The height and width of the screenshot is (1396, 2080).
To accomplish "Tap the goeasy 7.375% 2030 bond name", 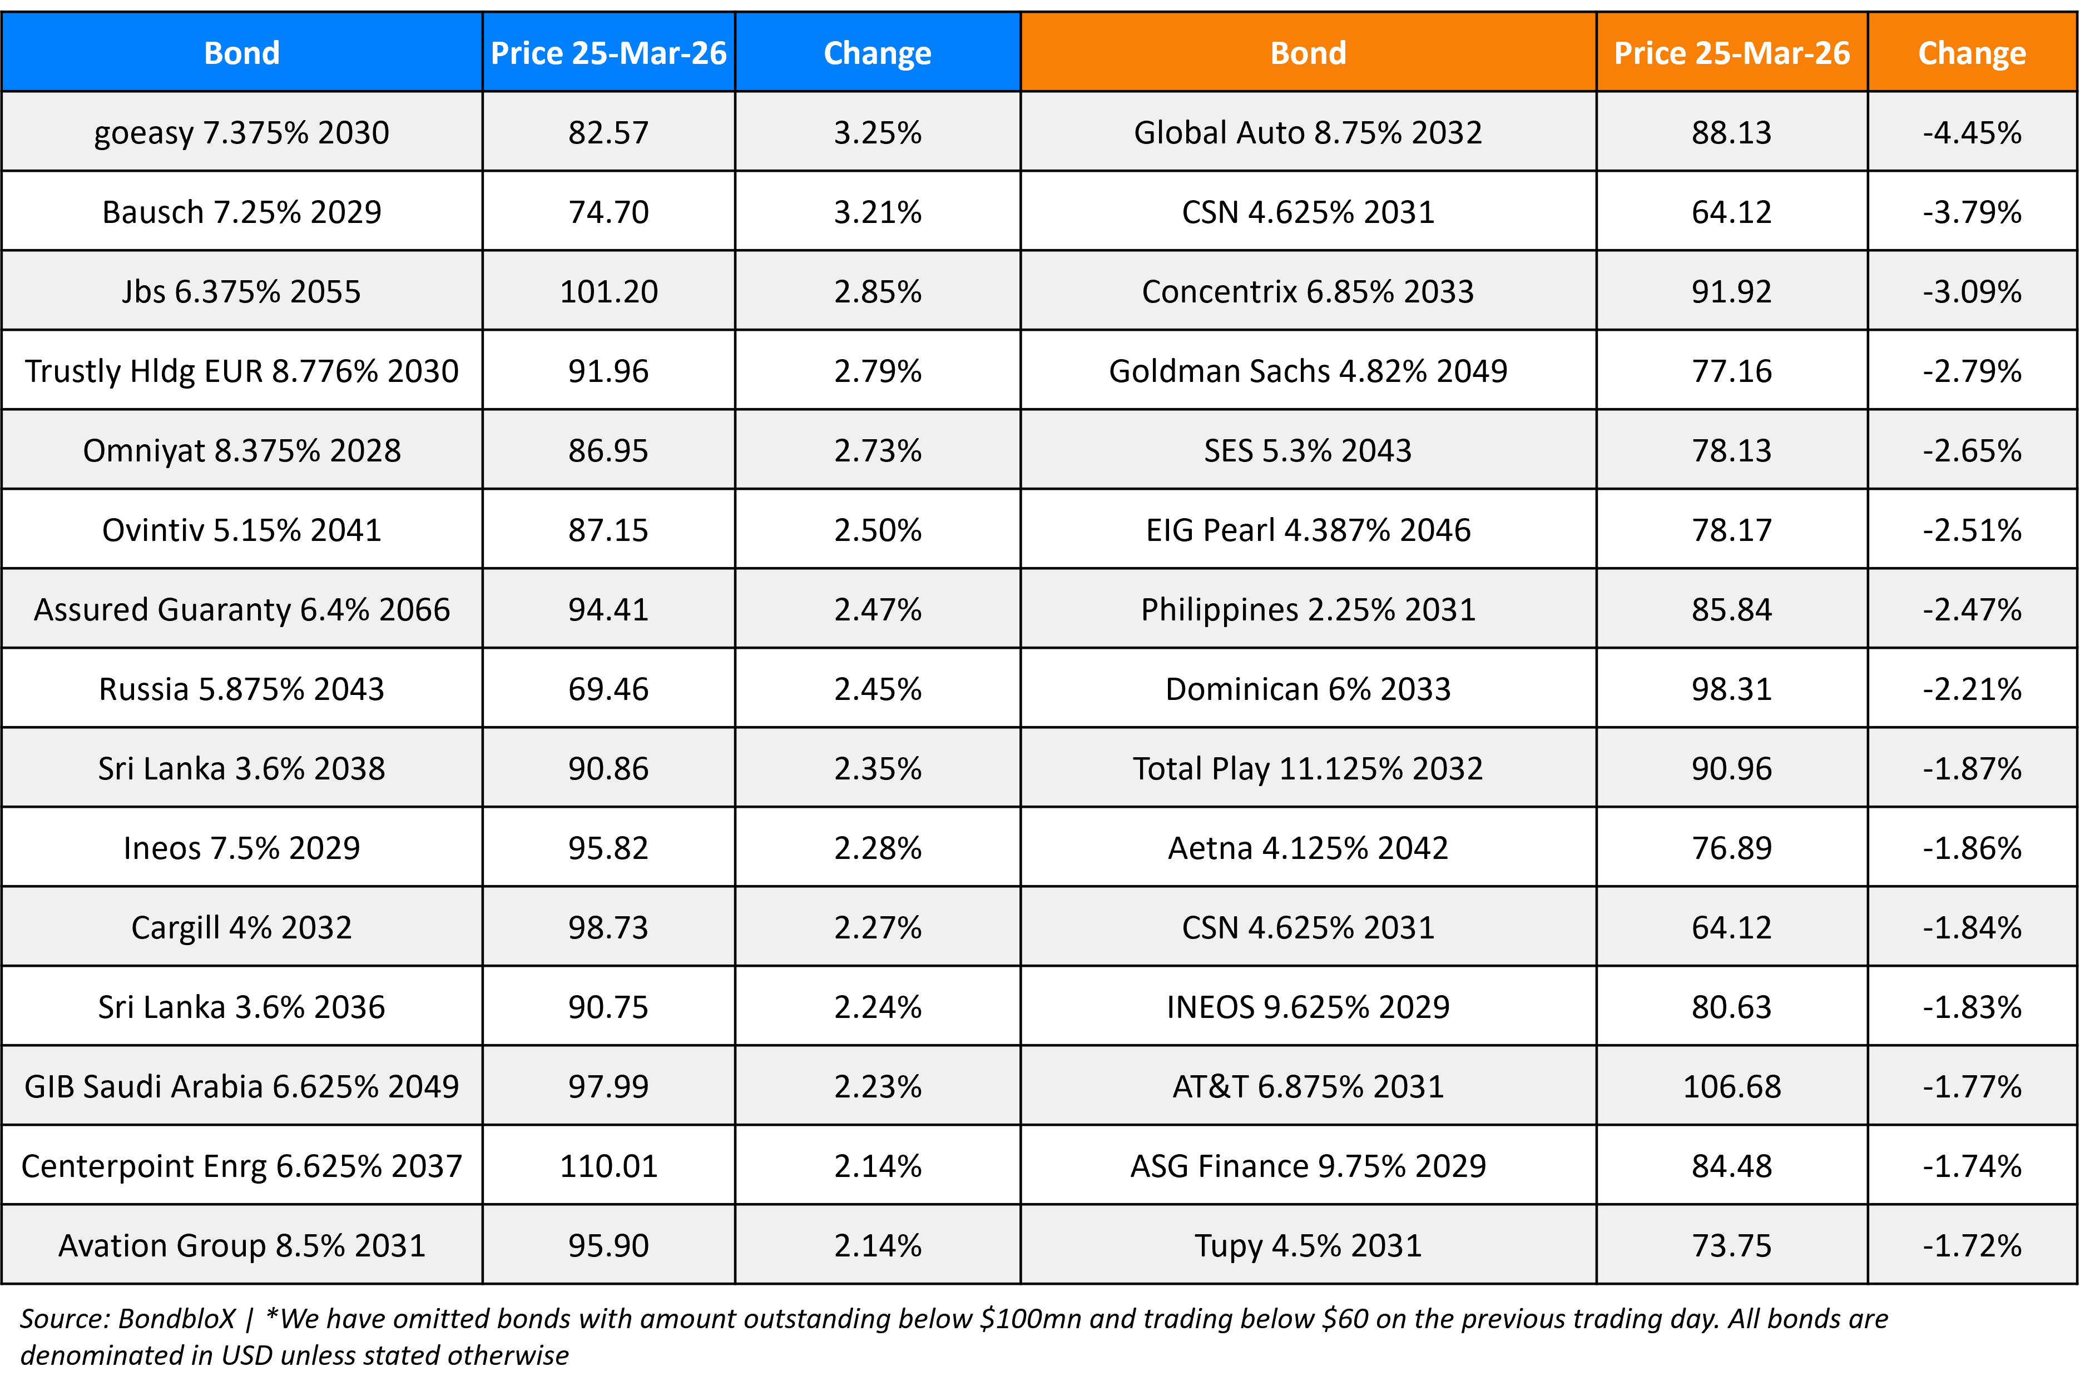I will (241, 133).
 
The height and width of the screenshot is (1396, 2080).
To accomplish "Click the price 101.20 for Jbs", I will (608, 292).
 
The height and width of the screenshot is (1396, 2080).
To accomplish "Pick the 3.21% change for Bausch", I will (877, 212).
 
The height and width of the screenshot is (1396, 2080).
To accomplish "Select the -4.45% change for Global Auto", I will (1972, 133).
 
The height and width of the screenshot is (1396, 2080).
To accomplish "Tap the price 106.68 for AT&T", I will (1731, 1087).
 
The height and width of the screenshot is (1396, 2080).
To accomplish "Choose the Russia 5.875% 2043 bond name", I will (241, 689).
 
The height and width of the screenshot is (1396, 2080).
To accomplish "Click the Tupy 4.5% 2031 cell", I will (1307, 1245).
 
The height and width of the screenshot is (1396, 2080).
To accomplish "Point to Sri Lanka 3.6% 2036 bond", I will (241, 1007).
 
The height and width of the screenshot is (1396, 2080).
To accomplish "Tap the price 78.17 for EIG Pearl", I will (1731, 530).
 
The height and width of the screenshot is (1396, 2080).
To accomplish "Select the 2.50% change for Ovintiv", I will (877, 530).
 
